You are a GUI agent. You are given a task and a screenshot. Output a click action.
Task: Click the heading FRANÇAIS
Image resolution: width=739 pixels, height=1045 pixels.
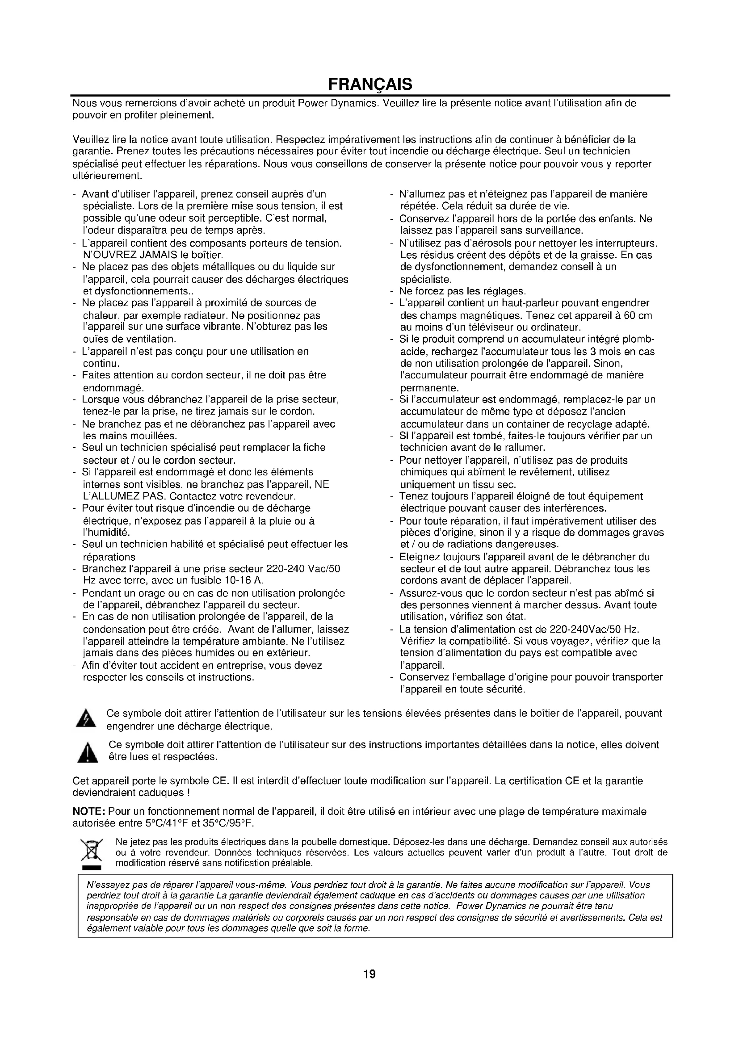click(x=370, y=84)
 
